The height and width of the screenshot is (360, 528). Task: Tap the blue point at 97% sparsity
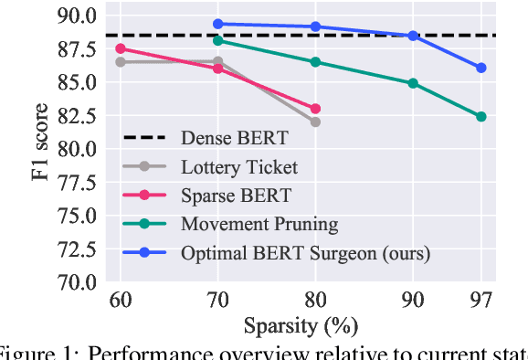[481, 68]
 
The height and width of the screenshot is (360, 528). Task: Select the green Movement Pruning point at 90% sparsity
[413, 83]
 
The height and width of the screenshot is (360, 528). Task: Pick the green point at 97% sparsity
[481, 117]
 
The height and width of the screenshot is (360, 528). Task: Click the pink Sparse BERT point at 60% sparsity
[121, 48]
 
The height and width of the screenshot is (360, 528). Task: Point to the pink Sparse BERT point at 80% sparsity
[315, 108]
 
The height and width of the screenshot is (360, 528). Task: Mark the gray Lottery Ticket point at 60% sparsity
[121, 62]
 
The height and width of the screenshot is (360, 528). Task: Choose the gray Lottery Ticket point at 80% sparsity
[315, 122]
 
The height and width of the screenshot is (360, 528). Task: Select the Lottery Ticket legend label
[239, 166]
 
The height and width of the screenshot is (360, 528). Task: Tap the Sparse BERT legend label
[235, 195]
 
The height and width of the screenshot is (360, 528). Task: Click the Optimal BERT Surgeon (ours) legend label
[304, 251]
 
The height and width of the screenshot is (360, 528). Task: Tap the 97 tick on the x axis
[481, 300]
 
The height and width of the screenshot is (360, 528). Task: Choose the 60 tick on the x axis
[121, 300]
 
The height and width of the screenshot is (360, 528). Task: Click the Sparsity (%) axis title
[301, 325]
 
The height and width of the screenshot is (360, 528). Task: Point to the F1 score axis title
[41, 148]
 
